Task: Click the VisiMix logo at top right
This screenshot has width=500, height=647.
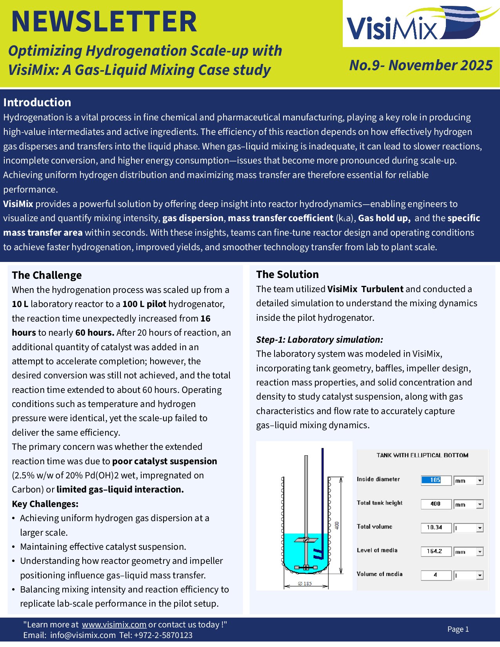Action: coord(416,24)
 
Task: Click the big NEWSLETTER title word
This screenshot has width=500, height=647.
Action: coord(104,22)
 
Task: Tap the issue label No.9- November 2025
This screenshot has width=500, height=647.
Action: coord(420,65)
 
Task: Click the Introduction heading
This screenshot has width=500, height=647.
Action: coord(37,102)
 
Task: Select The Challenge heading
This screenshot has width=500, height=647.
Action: coord(47,275)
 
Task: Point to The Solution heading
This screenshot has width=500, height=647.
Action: coord(287,274)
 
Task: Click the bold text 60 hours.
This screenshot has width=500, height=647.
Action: coord(95,333)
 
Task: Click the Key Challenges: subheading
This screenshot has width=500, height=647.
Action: coord(45,504)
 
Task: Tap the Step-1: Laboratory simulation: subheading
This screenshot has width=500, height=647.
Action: coord(319,340)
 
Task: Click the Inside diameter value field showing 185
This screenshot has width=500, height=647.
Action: coord(436,480)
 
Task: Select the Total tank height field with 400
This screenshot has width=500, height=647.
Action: coord(436,504)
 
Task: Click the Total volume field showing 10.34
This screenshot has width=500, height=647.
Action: coord(436,528)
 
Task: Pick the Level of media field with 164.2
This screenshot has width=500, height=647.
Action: coord(436,551)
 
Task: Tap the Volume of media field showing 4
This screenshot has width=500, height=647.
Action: coord(436,575)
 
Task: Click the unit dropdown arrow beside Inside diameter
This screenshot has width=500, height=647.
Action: coord(480,481)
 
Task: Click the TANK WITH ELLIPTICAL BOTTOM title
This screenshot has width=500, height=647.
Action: coord(422,455)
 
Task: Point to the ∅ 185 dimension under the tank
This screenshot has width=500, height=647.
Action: coord(305,583)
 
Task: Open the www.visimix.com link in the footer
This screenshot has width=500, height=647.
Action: coord(114,625)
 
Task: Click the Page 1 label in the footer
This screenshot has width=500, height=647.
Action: coord(458,629)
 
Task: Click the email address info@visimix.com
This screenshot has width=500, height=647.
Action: coord(83,635)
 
